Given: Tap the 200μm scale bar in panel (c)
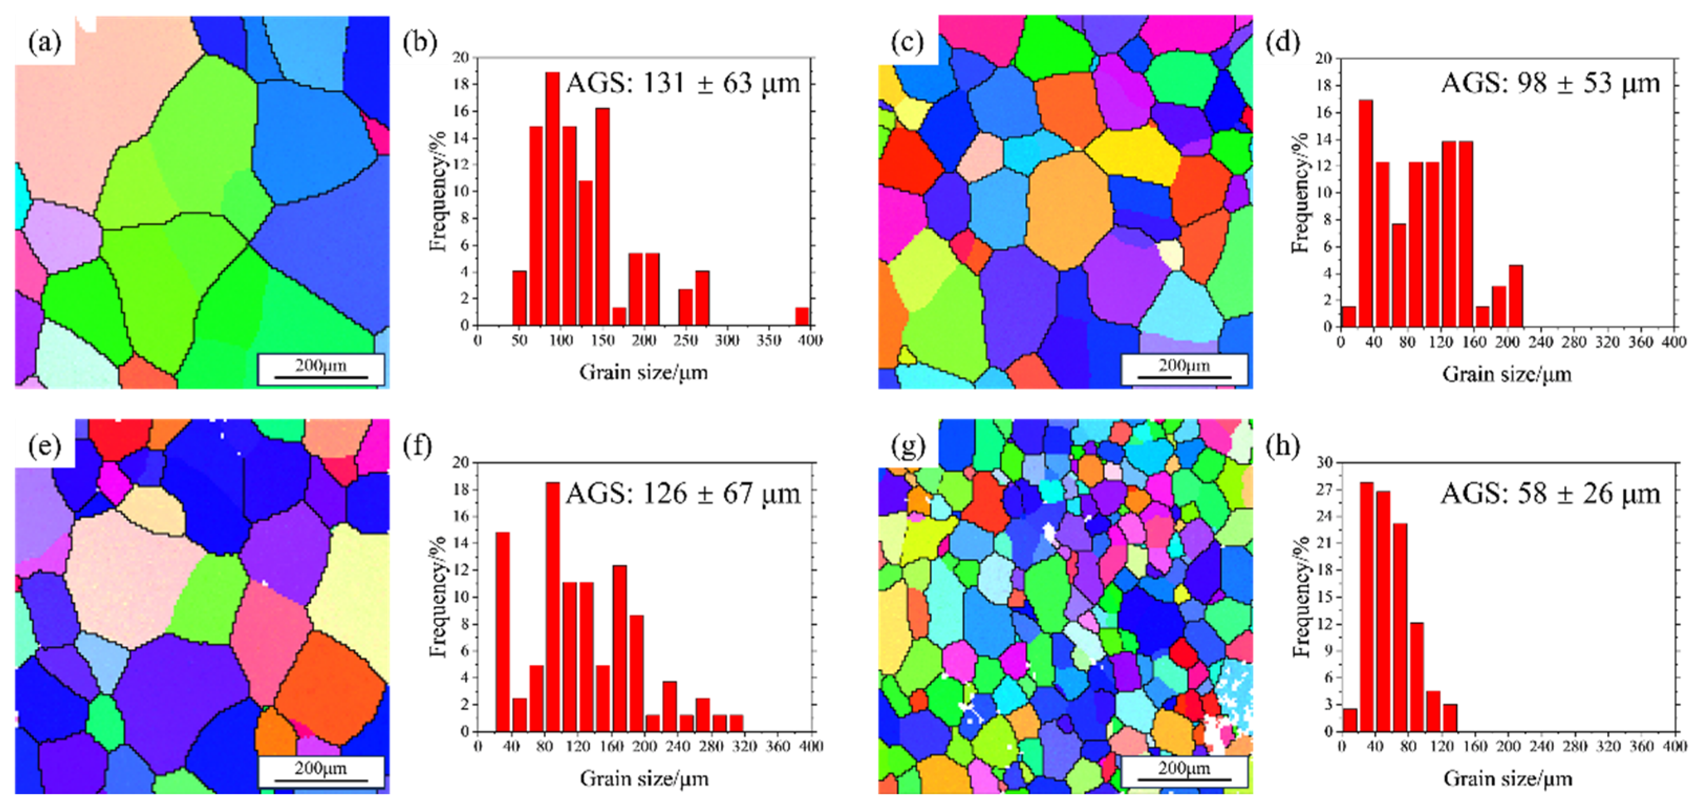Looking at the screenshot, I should (1184, 370).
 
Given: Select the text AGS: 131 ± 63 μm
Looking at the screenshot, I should (683, 84).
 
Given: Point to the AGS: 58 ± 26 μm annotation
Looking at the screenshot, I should (1550, 493).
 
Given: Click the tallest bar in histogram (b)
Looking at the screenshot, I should (552, 198).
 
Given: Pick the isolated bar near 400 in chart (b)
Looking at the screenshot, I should (801, 316).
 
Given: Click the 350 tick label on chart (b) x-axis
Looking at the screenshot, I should (769, 341).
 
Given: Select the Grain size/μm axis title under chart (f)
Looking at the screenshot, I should (644, 779).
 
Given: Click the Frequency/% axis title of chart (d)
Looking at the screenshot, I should (1298, 192).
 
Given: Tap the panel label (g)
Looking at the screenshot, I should (908, 447).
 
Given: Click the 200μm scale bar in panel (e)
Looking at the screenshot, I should (320, 773).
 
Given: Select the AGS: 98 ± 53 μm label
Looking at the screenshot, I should (1550, 84).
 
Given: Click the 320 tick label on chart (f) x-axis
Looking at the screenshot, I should (745, 746).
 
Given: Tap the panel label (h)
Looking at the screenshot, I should (1283, 447).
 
